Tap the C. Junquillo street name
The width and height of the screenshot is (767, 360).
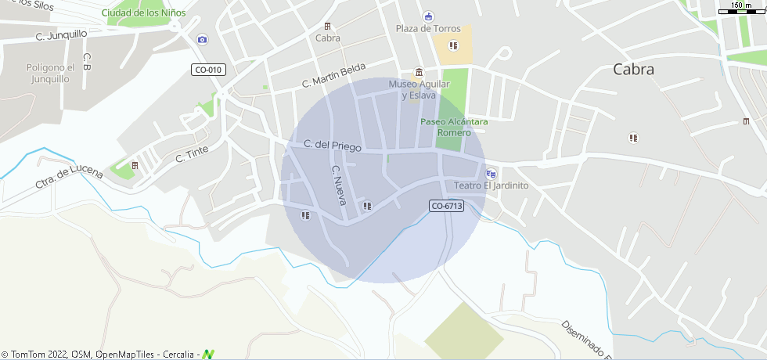(61, 34)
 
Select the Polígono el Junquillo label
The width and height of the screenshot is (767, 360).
(50, 73)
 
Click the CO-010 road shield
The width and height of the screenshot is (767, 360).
(208, 70)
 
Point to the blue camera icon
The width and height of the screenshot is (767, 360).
(203, 39)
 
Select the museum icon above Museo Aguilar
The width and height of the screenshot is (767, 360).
(419, 72)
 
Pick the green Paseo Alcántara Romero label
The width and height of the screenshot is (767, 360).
(454, 128)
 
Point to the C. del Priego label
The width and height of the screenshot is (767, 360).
(333, 145)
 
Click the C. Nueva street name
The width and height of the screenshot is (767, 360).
(338, 185)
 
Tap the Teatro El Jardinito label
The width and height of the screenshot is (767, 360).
(492, 186)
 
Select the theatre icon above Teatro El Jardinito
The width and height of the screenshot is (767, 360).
(491, 174)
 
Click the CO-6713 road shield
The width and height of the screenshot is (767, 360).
(447, 206)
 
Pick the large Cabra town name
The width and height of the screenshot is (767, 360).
(633, 69)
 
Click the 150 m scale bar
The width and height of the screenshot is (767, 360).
(741, 9)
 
